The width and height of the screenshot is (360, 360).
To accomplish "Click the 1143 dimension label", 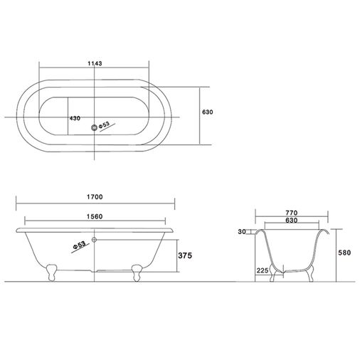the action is [95, 63].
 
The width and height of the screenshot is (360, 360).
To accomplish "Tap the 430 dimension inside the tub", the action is [75, 118].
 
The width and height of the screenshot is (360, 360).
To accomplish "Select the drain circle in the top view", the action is [95, 127].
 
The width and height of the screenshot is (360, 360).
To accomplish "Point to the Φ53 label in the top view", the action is [104, 125].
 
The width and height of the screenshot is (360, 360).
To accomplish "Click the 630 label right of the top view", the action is [208, 112].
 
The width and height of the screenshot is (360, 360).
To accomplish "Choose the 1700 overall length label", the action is [95, 197].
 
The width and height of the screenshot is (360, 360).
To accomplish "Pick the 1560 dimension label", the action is [95, 216].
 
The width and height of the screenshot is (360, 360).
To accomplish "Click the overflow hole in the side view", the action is [95, 240].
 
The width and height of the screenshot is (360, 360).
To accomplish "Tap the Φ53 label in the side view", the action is [79, 245].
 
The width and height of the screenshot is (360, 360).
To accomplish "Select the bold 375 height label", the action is [185, 255].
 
